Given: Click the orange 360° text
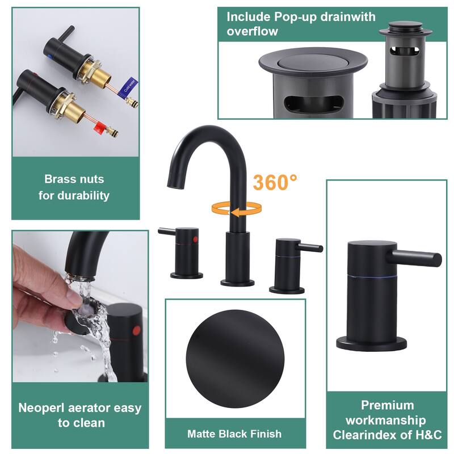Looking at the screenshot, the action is (275, 182).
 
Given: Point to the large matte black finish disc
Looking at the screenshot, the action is (235, 359).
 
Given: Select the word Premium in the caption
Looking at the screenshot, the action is (387, 405).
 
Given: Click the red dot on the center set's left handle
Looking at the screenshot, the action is (195, 239).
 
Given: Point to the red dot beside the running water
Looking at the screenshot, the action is (136, 331).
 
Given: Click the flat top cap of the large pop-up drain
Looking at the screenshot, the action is (313, 62).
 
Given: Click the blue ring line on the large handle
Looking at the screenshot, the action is (372, 278).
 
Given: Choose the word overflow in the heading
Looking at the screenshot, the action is (252, 31).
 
